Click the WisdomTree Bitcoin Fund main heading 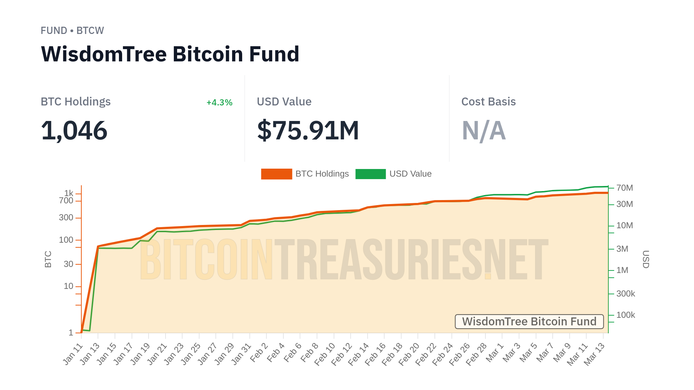click(x=170, y=54)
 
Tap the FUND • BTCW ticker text click(x=72, y=31)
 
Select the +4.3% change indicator click(x=219, y=103)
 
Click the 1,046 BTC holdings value click(x=74, y=130)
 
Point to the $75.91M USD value click(x=308, y=130)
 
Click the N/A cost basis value click(x=484, y=130)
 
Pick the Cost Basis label click(x=488, y=102)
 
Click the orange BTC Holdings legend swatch click(x=277, y=174)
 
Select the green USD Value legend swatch click(x=370, y=174)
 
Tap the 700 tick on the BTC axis click(x=66, y=201)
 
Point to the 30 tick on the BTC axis click(x=68, y=264)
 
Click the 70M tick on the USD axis click(x=624, y=188)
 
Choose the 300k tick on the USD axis click(x=625, y=294)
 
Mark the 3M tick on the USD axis click(x=622, y=249)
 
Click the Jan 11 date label click(x=73, y=354)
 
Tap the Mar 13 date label click(x=594, y=354)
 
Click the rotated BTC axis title click(x=48, y=259)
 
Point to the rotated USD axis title click(x=646, y=259)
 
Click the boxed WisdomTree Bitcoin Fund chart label click(x=529, y=321)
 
